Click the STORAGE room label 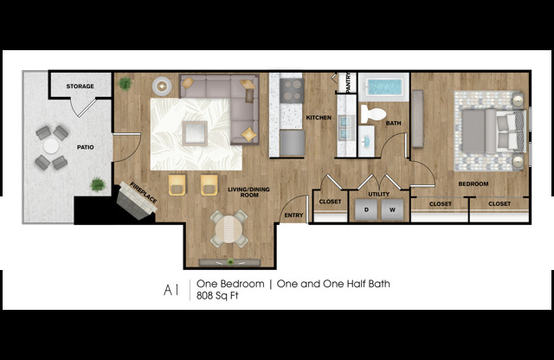(81, 86)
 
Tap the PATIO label (85, 147)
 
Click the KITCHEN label (319, 118)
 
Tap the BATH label (393, 122)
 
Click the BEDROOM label (473, 183)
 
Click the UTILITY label (379, 195)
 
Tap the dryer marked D (366, 210)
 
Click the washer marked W (391, 210)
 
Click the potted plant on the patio (97, 184)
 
